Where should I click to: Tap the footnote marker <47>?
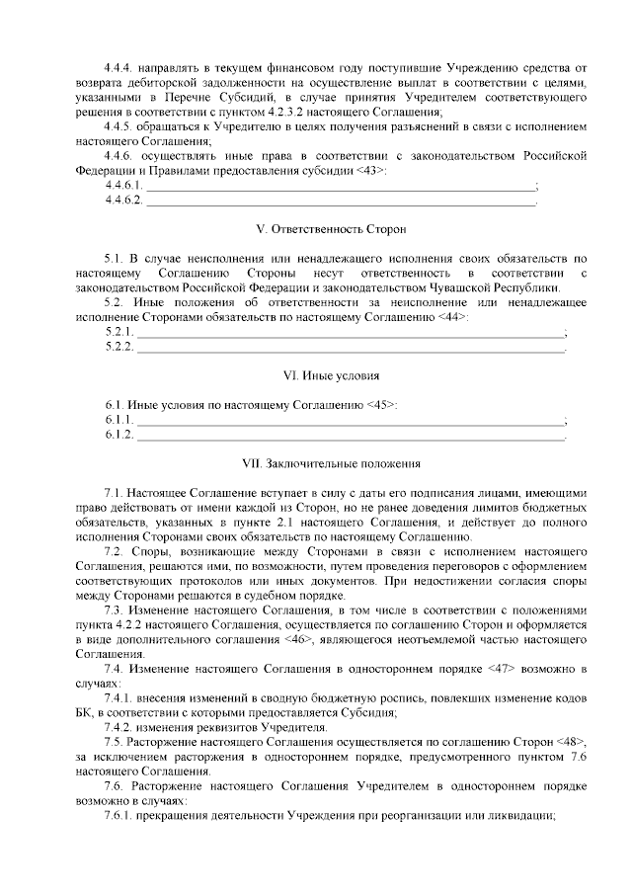[504, 669]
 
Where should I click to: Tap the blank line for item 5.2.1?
[349, 332]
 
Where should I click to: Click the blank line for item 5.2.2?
[349, 347]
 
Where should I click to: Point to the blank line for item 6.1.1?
[349, 420]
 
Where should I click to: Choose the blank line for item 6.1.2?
[349, 434]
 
